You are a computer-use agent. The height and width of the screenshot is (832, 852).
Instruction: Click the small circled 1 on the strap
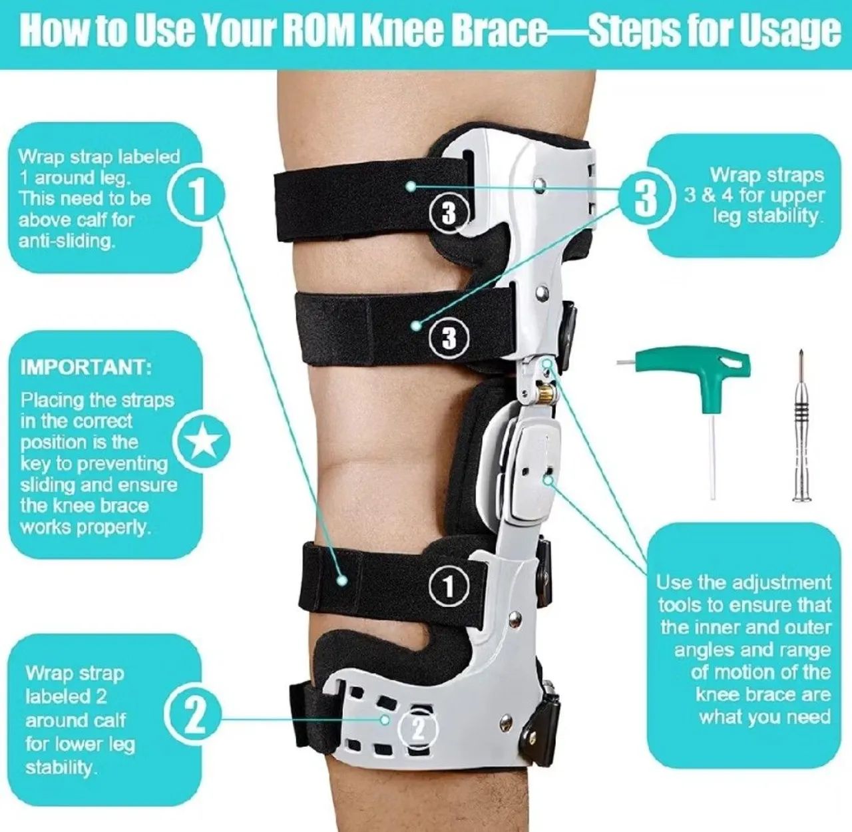click(x=449, y=586)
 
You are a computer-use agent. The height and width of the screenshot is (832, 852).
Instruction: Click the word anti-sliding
click(x=67, y=241)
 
